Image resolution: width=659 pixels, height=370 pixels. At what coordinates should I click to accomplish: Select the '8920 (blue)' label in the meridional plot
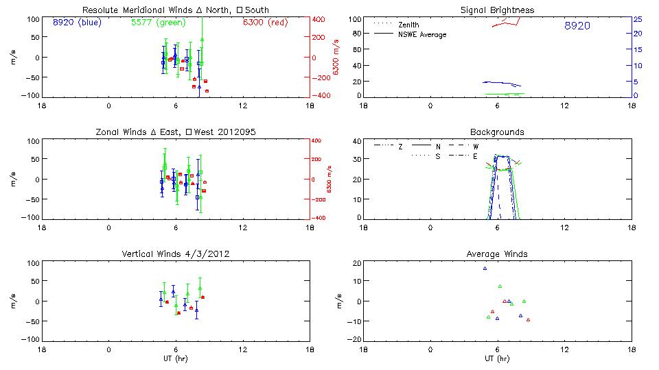click(x=76, y=22)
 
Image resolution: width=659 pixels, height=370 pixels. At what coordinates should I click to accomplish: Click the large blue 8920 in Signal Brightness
click(x=577, y=26)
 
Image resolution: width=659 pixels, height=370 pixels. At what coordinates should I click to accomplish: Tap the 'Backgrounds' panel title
click(x=497, y=132)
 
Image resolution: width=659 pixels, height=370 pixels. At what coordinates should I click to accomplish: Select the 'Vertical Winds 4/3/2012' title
click(x=175, y=254)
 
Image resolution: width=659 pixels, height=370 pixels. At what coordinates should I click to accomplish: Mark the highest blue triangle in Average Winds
click(x=485, y=268)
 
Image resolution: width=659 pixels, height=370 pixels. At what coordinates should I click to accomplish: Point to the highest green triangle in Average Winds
click(x=500, y=286)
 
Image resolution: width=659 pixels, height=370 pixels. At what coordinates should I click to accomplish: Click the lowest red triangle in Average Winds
click(x=528, y=319)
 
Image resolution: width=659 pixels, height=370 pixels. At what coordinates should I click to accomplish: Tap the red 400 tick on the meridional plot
click(x=319, y=19)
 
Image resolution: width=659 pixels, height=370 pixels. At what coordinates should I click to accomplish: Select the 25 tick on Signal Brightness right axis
click(x=638, y=19)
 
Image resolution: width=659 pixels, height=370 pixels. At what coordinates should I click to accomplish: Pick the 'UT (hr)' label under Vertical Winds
click(x=175, y=359)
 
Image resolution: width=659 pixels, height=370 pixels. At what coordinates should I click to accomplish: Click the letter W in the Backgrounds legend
click(x=474, y=146)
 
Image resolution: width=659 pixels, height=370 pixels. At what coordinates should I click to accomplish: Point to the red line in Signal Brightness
click(x=508, y=23)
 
